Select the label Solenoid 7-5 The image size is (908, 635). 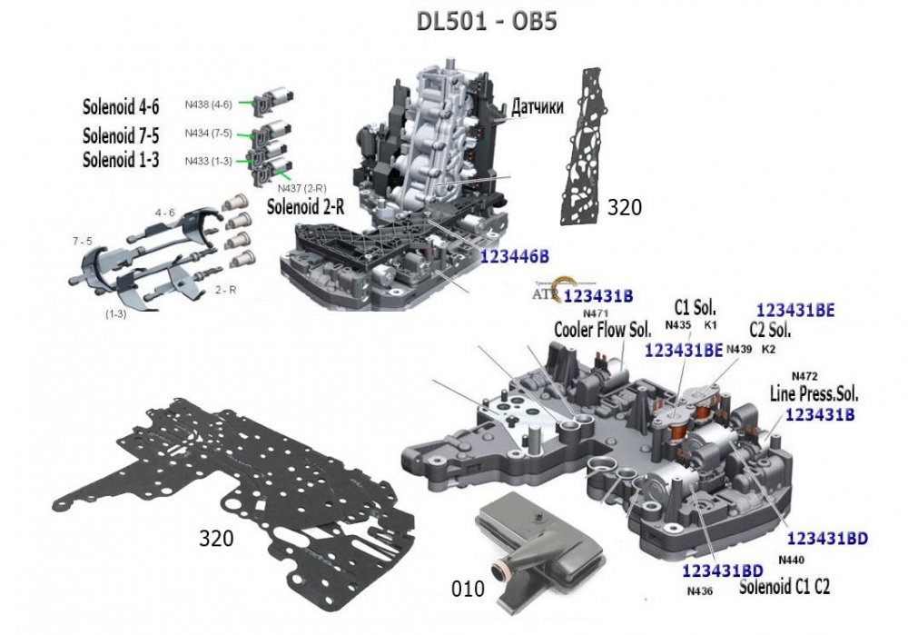point(122,135)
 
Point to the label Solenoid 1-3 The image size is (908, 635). point(122,160)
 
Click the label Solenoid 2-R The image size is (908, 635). point(306,206)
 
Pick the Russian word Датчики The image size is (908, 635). point(538,106)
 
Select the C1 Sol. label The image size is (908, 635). point(694,307)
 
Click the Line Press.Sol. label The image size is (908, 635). point(814,395)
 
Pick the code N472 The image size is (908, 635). point(805,376)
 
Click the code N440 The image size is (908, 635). point(792,561)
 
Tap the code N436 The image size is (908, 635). point(700,591)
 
